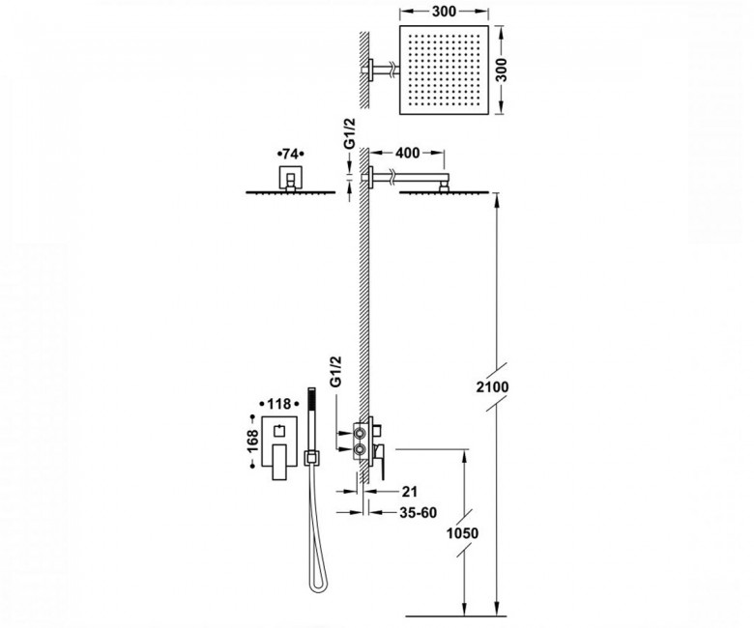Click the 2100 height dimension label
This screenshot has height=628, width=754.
coord(492,386)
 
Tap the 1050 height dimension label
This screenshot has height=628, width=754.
coord(462,533)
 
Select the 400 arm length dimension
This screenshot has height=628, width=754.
coord(407,153)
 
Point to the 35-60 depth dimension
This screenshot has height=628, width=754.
coord(418,513)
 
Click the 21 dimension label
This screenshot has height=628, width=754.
coord(409,491)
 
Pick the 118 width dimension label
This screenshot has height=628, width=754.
coord(279,404)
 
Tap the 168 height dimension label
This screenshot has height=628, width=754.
coord(252,442)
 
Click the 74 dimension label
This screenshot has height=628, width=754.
coord(290,154)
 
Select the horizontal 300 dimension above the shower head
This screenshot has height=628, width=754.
coord(444,11)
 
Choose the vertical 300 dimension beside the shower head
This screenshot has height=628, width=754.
coord(501,71)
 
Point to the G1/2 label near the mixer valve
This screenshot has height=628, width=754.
coord(335,371)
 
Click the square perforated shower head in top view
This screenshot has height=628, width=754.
coord(444,71)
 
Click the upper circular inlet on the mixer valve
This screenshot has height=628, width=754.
coord(359,434)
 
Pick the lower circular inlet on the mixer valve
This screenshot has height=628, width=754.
coord(359,449)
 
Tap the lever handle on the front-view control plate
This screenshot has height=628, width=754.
coord(279,461)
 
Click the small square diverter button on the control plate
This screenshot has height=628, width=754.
coord(279,431)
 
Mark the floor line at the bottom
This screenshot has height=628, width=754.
coord(456,616)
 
